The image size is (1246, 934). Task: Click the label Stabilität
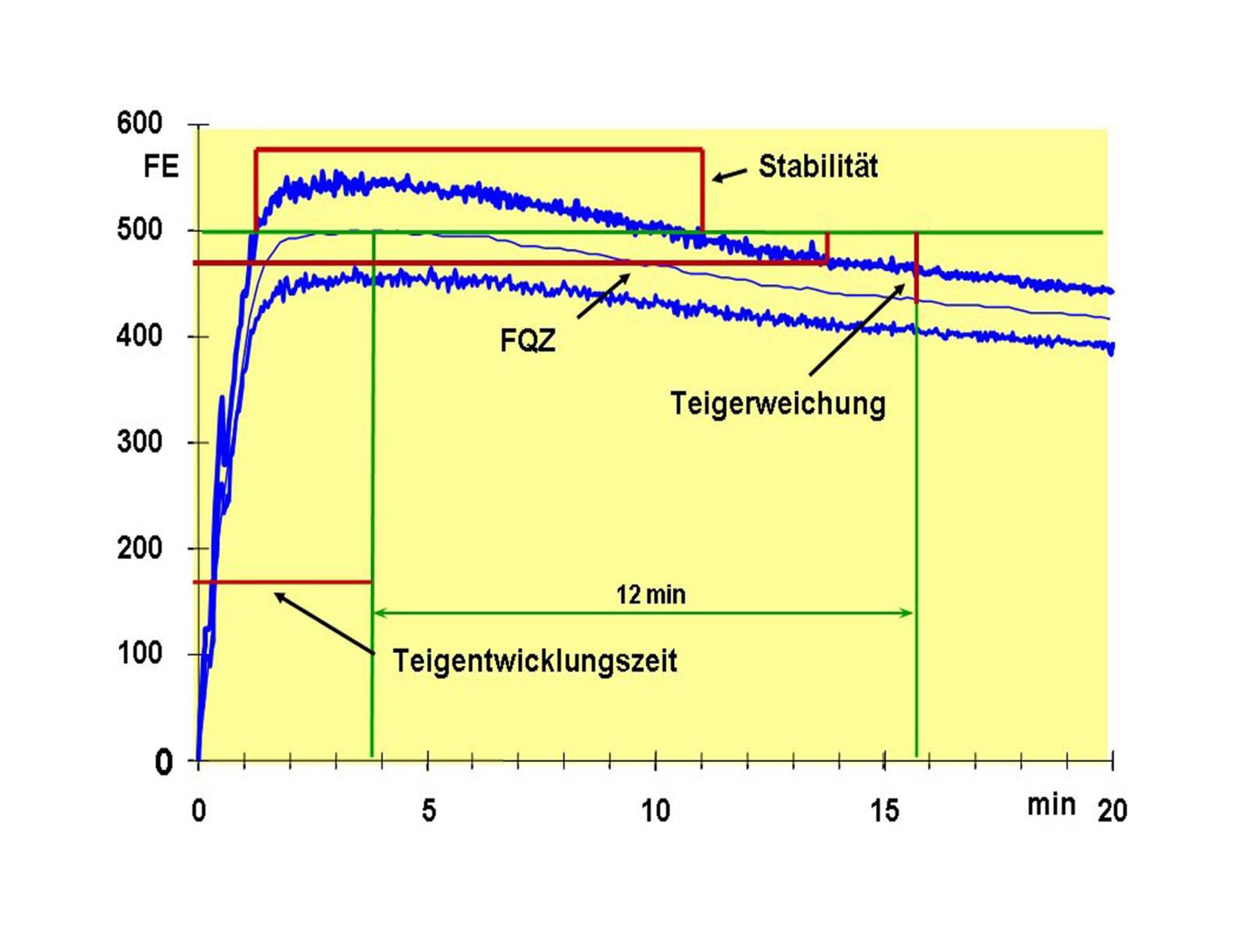tap(818, 167)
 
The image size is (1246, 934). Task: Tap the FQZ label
tap(527, 341)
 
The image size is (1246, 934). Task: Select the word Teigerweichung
tap(778, 404)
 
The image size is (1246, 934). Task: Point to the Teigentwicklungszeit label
tap(535, 661)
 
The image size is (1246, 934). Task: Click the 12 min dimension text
tap(651, 595)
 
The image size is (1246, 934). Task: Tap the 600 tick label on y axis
tap(140, 123)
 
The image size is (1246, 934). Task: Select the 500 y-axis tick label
tap(140, 230)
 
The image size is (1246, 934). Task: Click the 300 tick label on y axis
tap(140, 442)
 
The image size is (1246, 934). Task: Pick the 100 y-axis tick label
tap(140, 654)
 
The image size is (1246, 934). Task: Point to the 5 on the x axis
tap(429, 811)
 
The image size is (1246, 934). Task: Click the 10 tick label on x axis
tap(656, 811)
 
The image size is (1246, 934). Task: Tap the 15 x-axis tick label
tap(884, 811)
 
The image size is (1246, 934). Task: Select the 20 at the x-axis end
tap(1112, 811)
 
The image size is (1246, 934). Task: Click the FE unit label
tap(161, 167)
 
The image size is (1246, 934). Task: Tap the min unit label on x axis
tap(1051, 804)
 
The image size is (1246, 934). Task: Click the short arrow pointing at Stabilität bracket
tap(730, 175)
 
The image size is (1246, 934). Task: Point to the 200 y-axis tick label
tap(140, 548)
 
